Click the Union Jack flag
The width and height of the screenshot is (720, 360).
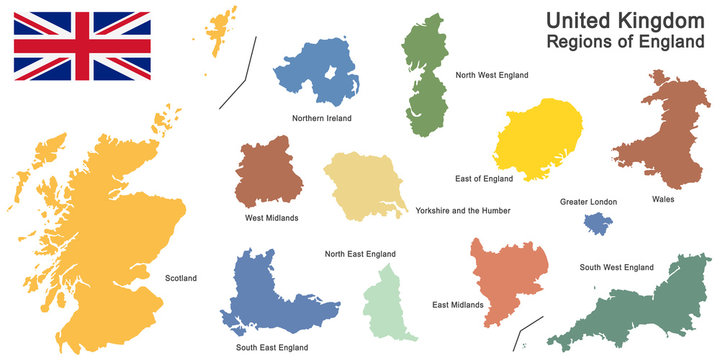tap(82, 45)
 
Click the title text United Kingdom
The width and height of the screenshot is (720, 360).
tap(624, 20)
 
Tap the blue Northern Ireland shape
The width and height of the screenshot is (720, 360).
tap(318, 72)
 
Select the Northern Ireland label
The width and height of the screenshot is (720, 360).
tap(322, 118)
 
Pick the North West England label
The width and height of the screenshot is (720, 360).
tap(491, 75)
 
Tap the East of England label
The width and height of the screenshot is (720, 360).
tap(484, 179)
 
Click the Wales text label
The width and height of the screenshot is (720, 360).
tap(662, 199)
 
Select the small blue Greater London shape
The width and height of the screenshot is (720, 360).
tap(599, 225)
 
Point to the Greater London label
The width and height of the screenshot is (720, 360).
tap(588, 202)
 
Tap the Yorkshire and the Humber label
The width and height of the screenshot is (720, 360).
tap(463, 211)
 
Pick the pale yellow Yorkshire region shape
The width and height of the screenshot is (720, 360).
tap(360, 185)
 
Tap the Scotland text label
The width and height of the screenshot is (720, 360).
tap(181, 278)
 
